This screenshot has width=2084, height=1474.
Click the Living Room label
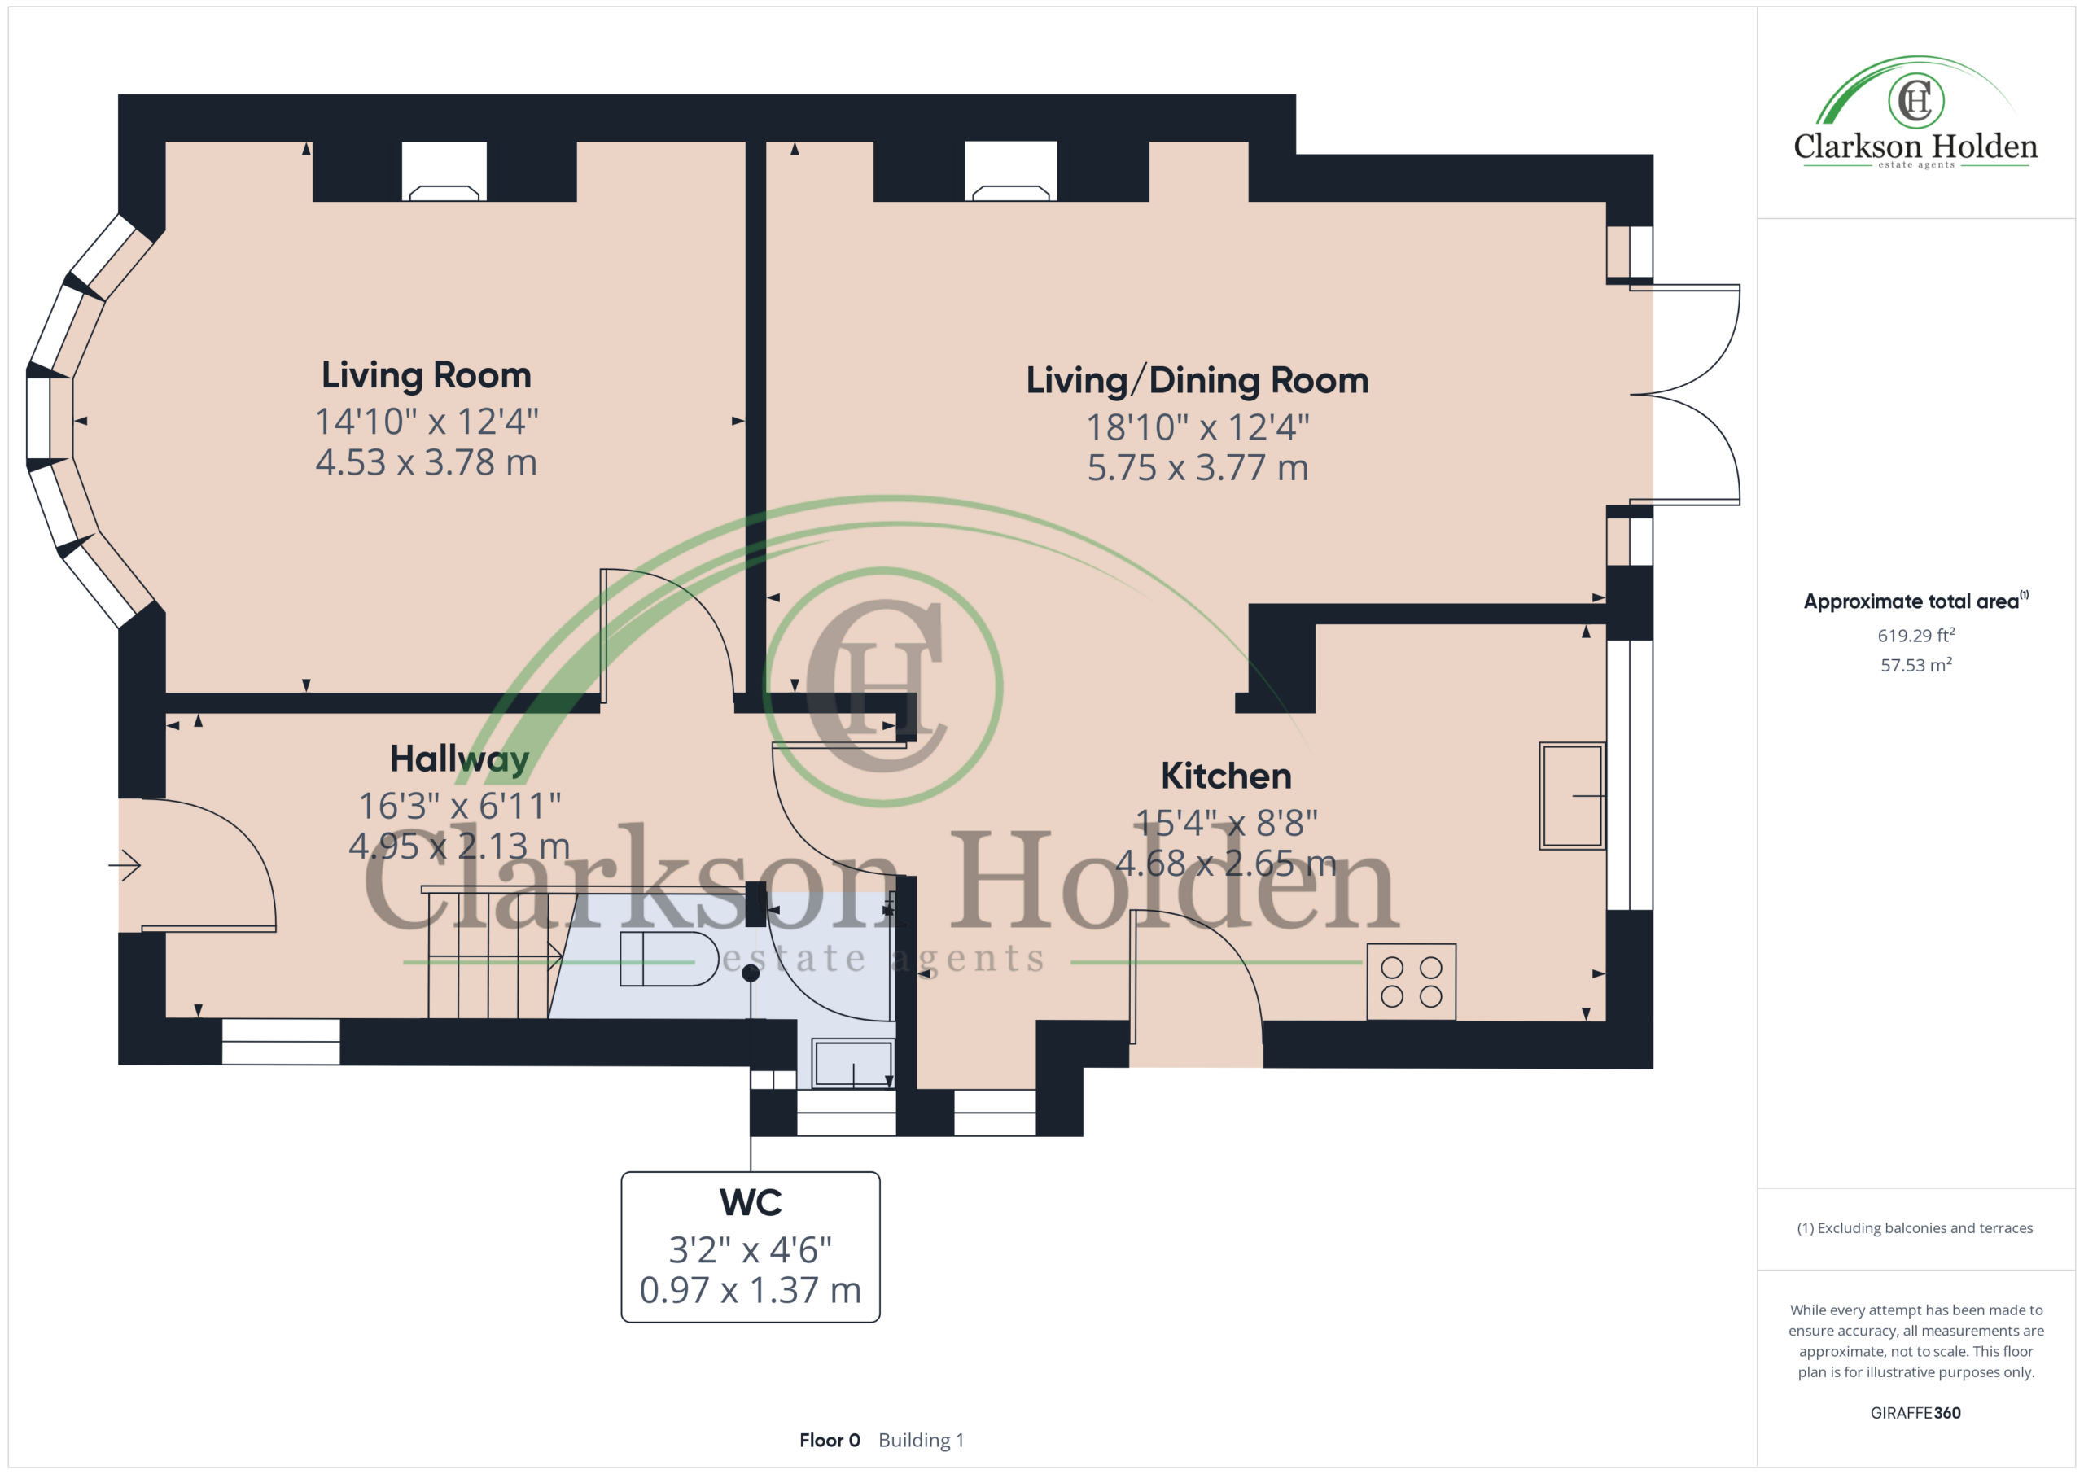pos(426,376)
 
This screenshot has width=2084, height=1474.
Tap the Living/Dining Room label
pos(1197,381)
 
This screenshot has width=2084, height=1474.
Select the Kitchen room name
pos(1226,776)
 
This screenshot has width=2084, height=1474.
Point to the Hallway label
pos(459,759)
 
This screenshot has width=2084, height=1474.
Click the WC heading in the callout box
pos(751,1203)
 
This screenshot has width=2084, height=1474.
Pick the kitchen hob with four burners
pos(1412,982)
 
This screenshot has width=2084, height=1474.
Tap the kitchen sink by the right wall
pos(1572,796)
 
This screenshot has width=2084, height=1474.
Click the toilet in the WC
pos(669,959)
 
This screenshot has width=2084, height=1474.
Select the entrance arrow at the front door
pos(125,865)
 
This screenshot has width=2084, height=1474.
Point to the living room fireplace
pos(444,172)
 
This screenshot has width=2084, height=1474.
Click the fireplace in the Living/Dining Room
pos(1011,172)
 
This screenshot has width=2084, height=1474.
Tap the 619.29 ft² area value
pos(1916,636)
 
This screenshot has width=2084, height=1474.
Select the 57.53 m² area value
pos(1916,665)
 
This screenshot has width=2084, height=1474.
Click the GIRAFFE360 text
pos(1915,1413)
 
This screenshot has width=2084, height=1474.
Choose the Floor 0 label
pos(830,1441)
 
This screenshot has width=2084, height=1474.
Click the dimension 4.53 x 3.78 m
pos(427,463)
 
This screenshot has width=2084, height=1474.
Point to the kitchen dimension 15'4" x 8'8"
pos(1226,823)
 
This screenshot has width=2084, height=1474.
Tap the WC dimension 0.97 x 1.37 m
pos(751,1291)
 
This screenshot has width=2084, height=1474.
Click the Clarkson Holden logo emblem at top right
pos(1916,101)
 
